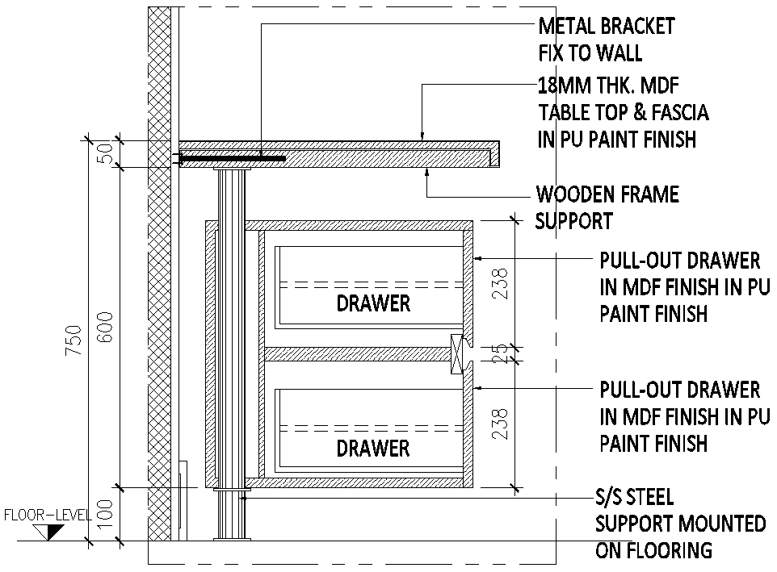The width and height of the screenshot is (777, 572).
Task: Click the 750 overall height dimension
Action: click(x=73, y=339)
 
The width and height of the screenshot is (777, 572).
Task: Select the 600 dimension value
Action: click(x=105, y=327)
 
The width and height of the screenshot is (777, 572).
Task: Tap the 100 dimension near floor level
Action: click(x=105, y=514)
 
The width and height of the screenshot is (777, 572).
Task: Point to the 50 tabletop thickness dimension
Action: click(x=105, y=153)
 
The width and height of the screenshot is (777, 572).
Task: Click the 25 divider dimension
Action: click(x=501, y=353)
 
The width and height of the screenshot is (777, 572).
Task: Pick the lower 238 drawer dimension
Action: click(x=501, y=423)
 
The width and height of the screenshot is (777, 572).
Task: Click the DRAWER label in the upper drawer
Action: click(x=373, y=304)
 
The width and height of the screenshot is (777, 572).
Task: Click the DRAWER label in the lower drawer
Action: click(x=373, y=448)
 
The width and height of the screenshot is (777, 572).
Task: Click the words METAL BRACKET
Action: click(x=606, y=27)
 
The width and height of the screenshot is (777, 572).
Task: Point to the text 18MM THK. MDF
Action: click(x=614, y=85)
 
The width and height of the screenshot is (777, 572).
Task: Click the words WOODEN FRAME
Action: click(x=607, y=194)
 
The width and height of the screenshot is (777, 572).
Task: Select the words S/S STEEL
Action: click(x=634, y=498)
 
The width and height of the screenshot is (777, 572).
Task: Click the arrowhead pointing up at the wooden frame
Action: click(x=426, y=173)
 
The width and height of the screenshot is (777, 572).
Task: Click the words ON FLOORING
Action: click(x=654, y=551)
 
